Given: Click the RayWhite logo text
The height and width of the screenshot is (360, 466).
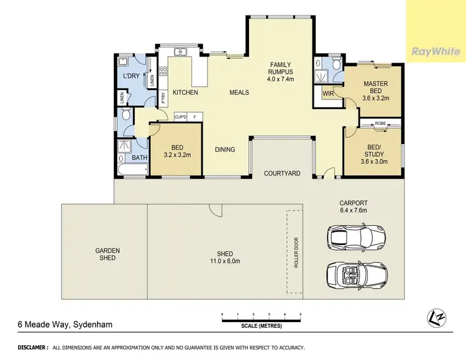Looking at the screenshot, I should click(436, 52).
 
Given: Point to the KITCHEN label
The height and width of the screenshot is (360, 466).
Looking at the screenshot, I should click(185, 92).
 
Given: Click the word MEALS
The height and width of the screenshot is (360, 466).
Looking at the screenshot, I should click(239, 92).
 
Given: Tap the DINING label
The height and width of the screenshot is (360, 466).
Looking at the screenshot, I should click(225, 150).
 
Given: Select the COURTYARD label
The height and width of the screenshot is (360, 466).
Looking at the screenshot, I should click(282, 173).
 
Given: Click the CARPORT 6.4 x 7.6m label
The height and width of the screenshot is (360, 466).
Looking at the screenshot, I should click(354, 206).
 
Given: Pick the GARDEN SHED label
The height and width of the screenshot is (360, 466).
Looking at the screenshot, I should click(107, 254).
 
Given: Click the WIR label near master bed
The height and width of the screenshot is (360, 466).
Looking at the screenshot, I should click(328, 94).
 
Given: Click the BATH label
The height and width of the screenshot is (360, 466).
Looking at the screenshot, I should click(139, 158).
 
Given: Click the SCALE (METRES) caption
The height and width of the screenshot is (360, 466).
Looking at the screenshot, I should click(262, 326).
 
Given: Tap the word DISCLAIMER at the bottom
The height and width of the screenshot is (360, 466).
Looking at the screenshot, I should click(33, 348).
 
